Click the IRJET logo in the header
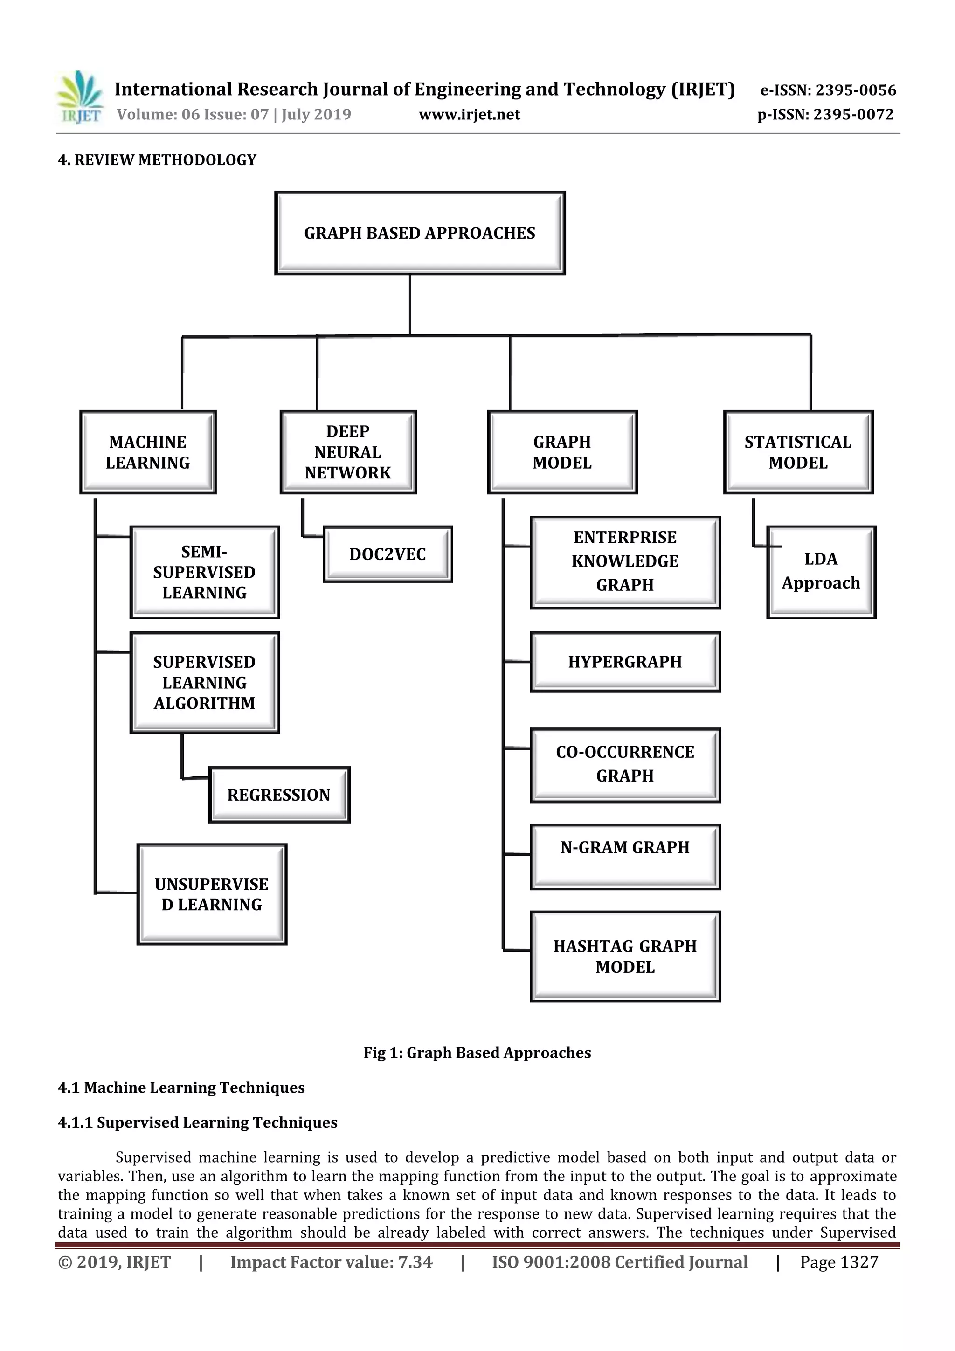click(79, 97)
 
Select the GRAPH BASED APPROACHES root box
click(420, 233)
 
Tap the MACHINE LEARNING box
click(148, 452)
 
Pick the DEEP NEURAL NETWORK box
click(348, 452)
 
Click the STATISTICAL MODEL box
click(798, 452)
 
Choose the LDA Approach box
click(821, 571)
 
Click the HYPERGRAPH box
click(625, 661)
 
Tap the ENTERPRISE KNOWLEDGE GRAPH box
click(625, 561)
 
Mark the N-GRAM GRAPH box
click(625, 856)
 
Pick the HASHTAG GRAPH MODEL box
click(625, 956)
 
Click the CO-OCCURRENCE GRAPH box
click(625, 764)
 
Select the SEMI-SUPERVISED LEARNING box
click(204, 572)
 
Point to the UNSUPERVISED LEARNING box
click(212, 894)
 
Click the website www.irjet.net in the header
click(469, 114)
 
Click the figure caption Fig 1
click(477, 1053)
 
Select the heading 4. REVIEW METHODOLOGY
click(157, 160)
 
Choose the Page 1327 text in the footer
click(838, 1261)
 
